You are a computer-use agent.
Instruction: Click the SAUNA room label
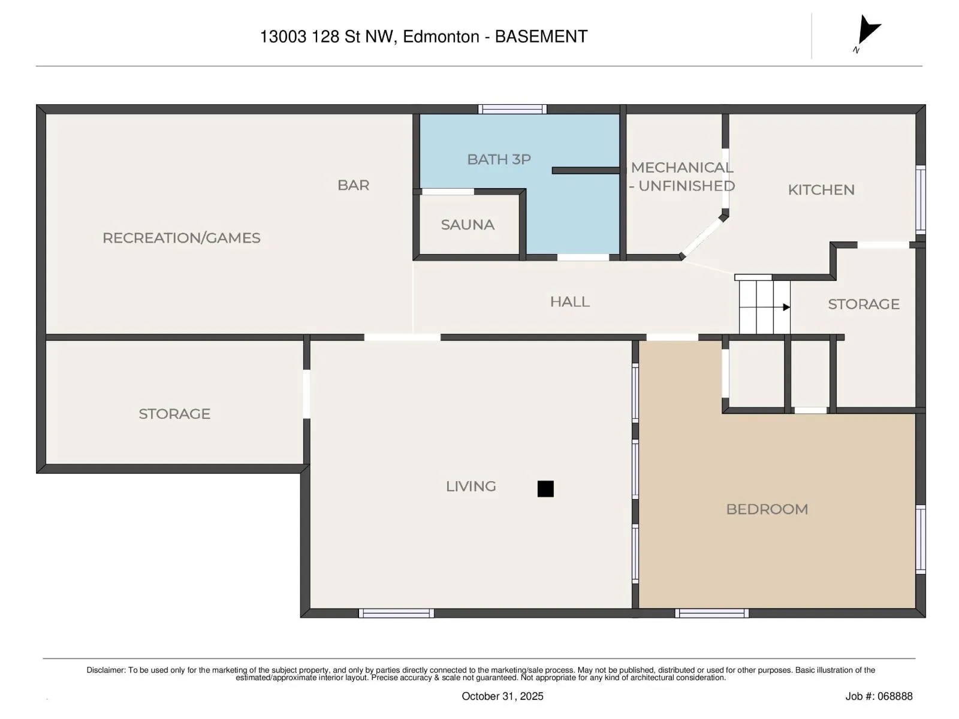(x=467, y=225)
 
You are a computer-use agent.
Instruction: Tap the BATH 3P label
(x=499, y=159)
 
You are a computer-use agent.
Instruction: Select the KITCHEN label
(x=821, y=190)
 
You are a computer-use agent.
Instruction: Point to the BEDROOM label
(x=767, y=509)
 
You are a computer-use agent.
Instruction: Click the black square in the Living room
(x=545, y=488)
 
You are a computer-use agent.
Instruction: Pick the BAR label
(x=353, y=185)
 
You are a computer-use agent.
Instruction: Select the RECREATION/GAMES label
(x=182, y=238)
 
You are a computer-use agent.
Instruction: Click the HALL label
(x=570, y=301)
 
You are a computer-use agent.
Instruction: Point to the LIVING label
(x=471, y=487)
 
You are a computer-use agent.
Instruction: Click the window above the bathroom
(x=512, y=109)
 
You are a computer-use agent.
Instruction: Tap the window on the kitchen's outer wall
(x=920, y=200)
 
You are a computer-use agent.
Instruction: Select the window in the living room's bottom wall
(x=396, y=613)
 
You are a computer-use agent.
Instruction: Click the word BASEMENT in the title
(x=541, y=37)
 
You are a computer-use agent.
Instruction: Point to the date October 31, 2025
(x=502, y=696)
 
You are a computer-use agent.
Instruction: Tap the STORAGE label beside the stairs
(x=863, y=304)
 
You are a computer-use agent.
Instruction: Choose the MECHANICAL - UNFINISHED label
(x=681, y=177)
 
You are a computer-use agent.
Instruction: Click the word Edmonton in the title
(x=441, y=37)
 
